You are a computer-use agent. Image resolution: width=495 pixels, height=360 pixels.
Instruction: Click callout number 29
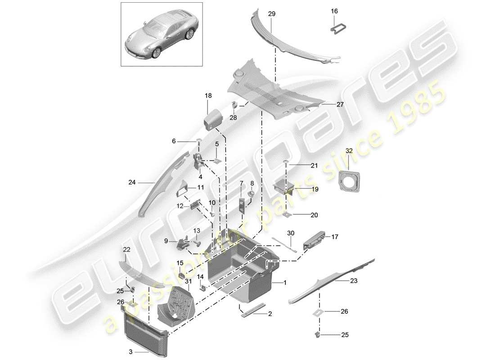pos(272,14)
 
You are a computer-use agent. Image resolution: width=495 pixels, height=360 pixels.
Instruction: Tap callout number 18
pos(207,96)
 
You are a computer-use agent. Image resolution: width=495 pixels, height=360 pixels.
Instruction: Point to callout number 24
pos(131,183)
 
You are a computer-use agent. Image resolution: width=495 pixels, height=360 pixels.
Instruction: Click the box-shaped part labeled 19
pos(285,185)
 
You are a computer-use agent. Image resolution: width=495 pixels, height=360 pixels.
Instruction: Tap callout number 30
pos(290,233)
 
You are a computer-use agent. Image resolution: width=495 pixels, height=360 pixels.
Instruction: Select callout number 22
pos(126,249)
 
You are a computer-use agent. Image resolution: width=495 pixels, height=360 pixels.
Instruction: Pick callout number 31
pos(188,282)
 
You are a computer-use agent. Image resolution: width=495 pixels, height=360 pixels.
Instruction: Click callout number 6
pos(174,141)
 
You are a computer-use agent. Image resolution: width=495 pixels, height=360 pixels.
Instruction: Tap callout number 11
pos(200,188)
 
